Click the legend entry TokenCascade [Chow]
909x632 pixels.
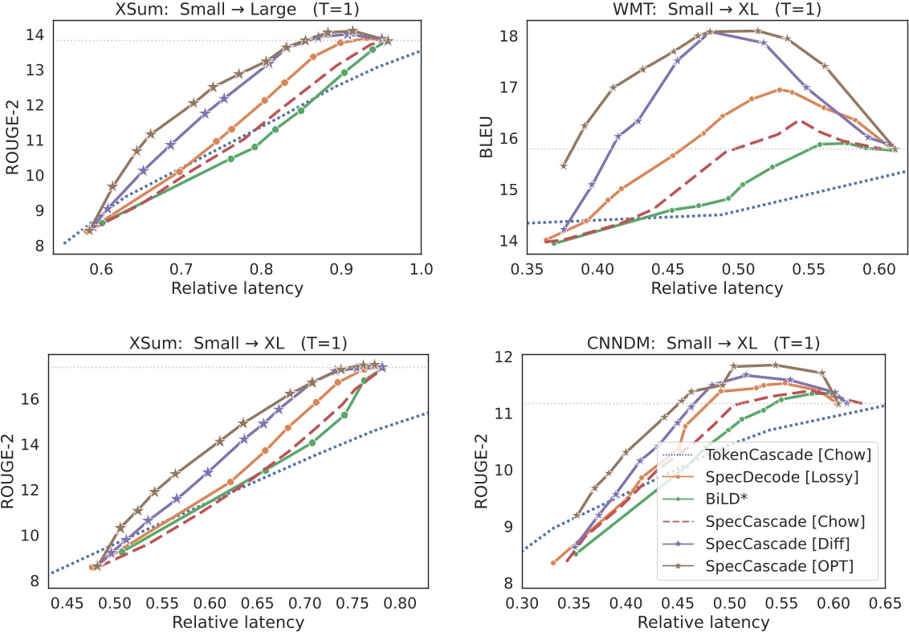tap(791, 455)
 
